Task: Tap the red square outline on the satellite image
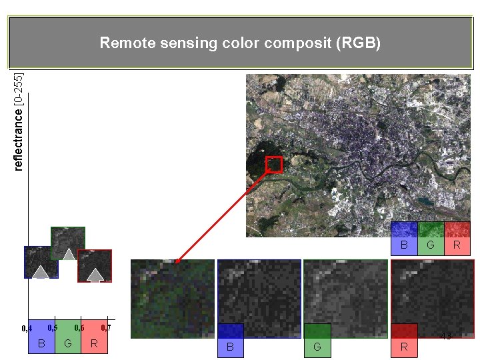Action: [274, 165]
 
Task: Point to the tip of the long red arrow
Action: [177, 262]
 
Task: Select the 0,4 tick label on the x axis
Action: [27, 329]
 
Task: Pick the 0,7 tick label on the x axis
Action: [105, 328]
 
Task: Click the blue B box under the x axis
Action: [41, 344]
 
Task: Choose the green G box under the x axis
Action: [67, 344]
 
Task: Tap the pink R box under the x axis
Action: [94, 344]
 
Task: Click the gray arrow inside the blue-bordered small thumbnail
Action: [41, 271]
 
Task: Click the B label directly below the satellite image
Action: [404, 245]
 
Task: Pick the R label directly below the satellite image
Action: [457, 245]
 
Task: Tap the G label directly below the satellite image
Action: [430, 245]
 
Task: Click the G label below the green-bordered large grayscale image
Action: [317, 347]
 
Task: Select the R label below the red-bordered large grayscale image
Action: [404, 347]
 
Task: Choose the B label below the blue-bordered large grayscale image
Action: [230, 347]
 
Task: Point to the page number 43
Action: [446, 336]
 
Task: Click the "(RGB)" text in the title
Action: [359, 44]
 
